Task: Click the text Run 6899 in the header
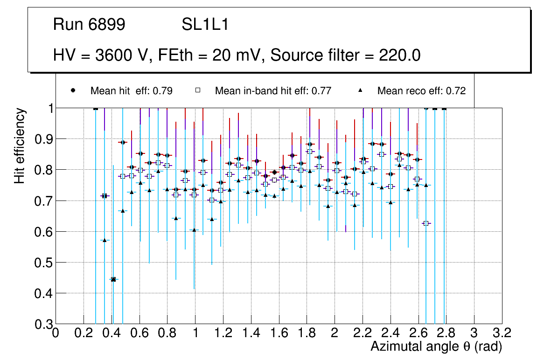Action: [x=89, y=25]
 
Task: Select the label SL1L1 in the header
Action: [x=205, y=25]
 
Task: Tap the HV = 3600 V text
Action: [x=101, y=55]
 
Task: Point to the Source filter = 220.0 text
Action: [x=346, y=55]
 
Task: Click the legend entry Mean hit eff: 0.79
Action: [x=132, y=91]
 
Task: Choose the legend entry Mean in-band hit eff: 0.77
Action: [x=273, y=91]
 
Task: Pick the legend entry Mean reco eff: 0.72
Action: [x=421, y=91]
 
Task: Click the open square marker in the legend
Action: [x=197, y=90]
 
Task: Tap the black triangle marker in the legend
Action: [x=360, y=90]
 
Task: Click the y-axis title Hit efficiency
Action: [x=20, y=146]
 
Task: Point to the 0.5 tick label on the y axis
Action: [x=42, y=263]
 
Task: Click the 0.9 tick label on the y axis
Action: [x=42, y=139]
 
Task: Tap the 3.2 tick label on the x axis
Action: [x=502, y=332]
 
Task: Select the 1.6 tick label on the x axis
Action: [x=279, y=332]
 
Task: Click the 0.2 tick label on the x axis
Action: [x=84, y=332]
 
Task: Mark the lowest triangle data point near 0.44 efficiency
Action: [x=113, y=279]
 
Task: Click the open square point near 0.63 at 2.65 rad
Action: [x=425, y=223]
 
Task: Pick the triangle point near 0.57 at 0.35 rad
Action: [x=105, y=240]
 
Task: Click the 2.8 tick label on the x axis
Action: [x=446, y=332]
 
